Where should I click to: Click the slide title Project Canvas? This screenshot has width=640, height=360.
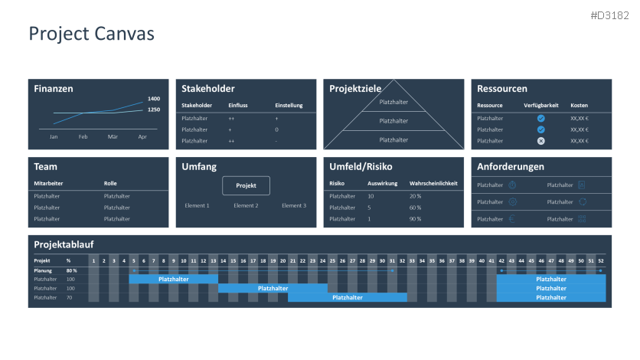point(91,34)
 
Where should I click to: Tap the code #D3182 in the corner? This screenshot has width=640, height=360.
point(610,15)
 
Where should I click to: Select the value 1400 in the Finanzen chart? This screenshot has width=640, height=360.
point(154,99)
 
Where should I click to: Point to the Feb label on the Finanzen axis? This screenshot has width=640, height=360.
point(83,136)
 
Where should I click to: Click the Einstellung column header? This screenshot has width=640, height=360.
point(289,105)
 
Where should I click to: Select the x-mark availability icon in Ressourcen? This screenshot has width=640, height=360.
point(540,141)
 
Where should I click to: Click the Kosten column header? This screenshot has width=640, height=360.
point(580,105)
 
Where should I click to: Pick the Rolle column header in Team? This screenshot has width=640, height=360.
point(110,183)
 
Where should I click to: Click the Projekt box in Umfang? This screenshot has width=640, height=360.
point(246,185)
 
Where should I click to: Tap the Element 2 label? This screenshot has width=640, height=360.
point(246,205)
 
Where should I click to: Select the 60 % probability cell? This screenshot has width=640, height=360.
point(416,208)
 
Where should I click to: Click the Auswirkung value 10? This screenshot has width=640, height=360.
point(371,196)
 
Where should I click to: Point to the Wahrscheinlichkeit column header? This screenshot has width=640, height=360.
point(433,183)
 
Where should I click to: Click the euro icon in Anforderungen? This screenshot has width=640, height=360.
point(512,219)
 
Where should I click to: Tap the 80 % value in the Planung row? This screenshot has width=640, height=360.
point(71,270)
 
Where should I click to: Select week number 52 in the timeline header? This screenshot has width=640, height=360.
point(600,260)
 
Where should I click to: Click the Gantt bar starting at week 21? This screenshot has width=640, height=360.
point(347,297)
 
